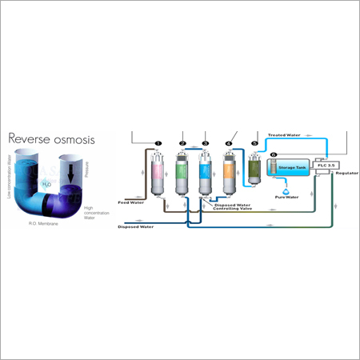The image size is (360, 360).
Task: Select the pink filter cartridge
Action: pyautogui.click(x=158, y=174)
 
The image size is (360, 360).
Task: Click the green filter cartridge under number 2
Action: pyautogui.click(x=183, y=174)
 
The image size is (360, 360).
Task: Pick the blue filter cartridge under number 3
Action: pyautogui.click(x=206, y=174)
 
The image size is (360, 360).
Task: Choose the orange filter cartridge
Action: pyautogui.click(x=229, y=174)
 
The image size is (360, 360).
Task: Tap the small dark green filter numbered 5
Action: pyautogui.click(x=254, y=169)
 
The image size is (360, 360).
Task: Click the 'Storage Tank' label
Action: pyautogui.click(x=292, y=169)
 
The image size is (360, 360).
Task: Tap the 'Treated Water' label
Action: pyautogui.click(x=282, y=135)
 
